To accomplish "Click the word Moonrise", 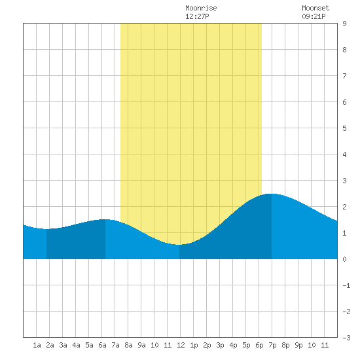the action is (201, 8).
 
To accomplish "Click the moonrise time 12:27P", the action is (197, 16).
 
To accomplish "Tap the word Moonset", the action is (315, 8).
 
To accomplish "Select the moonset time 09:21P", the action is (314, 16).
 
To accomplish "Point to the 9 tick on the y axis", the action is (344, 24).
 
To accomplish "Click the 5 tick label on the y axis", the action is (344, 128).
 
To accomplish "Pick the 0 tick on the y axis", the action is (344, 259).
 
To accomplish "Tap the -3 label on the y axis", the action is (346, 338).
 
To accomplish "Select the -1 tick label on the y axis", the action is (346, 285).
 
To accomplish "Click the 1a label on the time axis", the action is (37, 345).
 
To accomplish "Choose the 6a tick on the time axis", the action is (102, 345).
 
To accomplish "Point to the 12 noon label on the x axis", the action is (181, 345).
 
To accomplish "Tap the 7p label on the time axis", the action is (272, 345).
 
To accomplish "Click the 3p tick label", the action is (220, 345).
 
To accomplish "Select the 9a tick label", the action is (141, 345).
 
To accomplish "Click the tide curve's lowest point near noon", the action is (179, 245).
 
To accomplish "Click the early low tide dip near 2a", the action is (46, 229).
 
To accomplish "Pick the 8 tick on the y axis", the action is (344, 50).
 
